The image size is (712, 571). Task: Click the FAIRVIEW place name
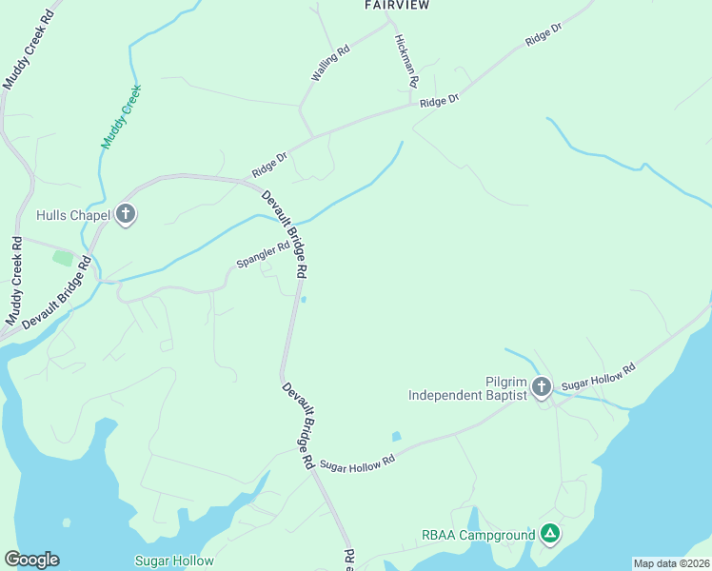(x=397, y=6)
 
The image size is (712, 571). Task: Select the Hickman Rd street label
(x=405, y=62)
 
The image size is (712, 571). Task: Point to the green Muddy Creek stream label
(x=121, y=116)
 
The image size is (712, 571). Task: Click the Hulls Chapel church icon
(x=126, y=215)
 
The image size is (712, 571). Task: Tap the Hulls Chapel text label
(x=74, y=215)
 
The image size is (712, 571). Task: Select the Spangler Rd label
(x=263, y=255)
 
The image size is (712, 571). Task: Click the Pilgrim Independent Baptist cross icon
(x=542, y=386)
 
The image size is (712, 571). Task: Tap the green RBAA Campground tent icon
(x=549, y=534)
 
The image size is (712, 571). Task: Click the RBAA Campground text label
(x=479, y=535)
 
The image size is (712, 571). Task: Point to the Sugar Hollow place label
(x=174, y=561)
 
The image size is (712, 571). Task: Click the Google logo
(x=31, y=560)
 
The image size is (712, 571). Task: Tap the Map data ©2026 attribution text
(x=671, y=563)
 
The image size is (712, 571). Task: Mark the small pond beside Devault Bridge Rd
(x=304, y=300)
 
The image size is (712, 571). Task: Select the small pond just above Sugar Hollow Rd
(x=396, y=437)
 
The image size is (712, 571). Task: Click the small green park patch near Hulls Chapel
(x=63, y=257)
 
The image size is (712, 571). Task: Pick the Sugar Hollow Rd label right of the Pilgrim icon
(x=598, y=376)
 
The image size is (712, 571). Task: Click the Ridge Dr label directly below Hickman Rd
(x=439, y=100)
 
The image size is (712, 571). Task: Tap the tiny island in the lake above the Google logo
(x=67, y=522)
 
